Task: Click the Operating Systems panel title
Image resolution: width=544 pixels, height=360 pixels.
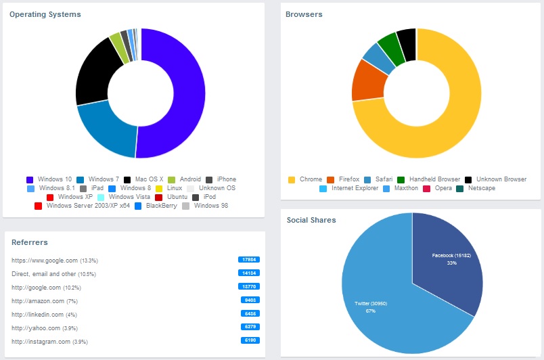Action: (45, 14)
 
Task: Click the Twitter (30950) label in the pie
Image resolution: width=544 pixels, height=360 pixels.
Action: (370, 303)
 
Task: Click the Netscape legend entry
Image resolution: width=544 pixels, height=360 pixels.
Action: (481, 188)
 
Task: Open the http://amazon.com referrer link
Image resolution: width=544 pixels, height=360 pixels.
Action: (39, 300)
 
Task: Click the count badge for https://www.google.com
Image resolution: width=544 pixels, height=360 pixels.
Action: (249, 259)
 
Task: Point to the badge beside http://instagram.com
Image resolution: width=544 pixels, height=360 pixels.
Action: (249, 340)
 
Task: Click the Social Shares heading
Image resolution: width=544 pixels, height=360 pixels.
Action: (311, 220)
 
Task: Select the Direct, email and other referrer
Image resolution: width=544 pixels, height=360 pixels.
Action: (44, 274)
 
